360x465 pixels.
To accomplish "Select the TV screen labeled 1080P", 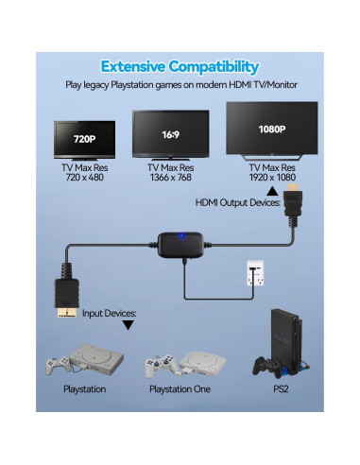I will [270, 128].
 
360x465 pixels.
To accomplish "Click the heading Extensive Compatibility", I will [180, 66].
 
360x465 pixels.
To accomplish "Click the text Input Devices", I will [110, 311].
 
